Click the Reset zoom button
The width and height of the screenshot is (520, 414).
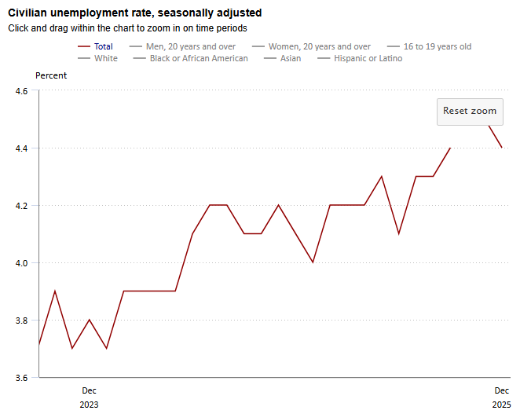click(470, 112)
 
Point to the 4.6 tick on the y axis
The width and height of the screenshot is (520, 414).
click(21, 91)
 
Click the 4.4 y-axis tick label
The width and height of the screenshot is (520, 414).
click(21, 148)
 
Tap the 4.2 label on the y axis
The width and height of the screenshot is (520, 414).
click(21, 206)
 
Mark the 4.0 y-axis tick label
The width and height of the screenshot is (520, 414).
click(21, 263)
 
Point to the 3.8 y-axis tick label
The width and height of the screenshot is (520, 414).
click(21, 321)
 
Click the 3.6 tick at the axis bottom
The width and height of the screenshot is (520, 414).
click(21, 378)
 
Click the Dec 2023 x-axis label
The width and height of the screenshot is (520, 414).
click(90, 398)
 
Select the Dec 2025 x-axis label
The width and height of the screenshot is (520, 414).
click(501, 398)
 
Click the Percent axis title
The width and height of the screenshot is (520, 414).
click(51, 75)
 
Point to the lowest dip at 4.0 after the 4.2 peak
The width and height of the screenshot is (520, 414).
click(313, 262)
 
